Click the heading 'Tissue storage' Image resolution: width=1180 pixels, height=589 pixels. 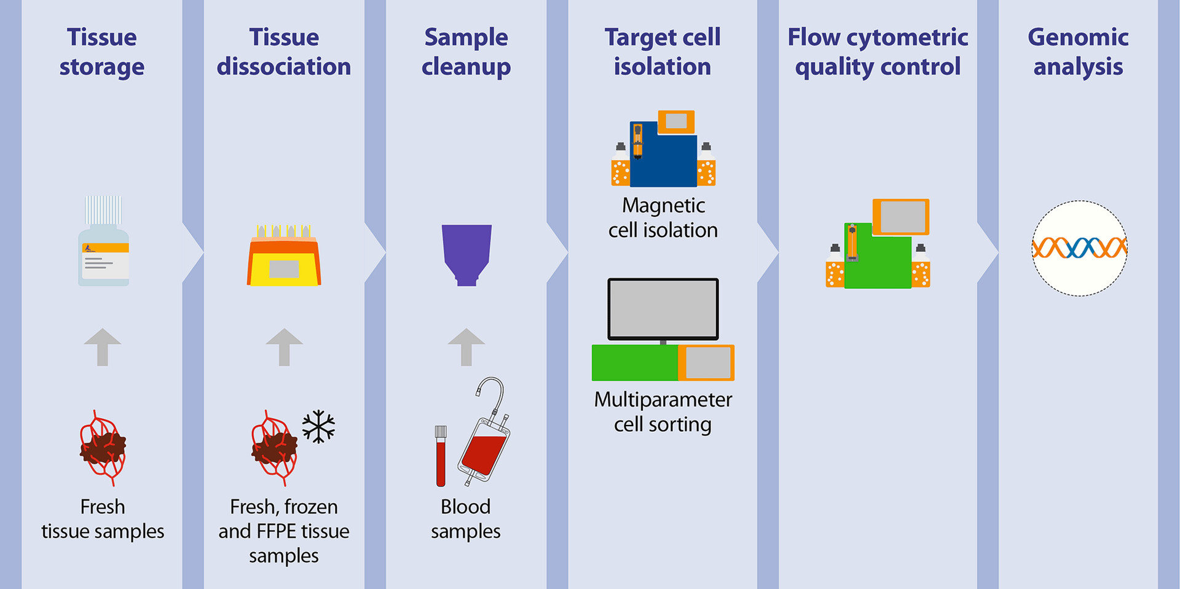[102, 52]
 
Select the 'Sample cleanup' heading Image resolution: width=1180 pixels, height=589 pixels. [466, 52]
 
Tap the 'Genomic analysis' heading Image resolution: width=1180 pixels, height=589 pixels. [1078, 52]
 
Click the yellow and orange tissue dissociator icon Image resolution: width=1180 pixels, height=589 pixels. [284, 258]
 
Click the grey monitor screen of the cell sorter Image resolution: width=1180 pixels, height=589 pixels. [663, 308]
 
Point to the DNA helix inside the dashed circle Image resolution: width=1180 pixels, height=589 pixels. [1079, 248]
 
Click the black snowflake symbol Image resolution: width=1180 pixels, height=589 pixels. [318, 426]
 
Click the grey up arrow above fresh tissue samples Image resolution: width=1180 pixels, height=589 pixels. [102, 346]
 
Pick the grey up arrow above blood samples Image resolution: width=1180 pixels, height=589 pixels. [466, 346]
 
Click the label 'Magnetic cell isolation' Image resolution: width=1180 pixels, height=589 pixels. [663, 217]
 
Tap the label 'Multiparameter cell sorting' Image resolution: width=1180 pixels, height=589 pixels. [663, 412]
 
